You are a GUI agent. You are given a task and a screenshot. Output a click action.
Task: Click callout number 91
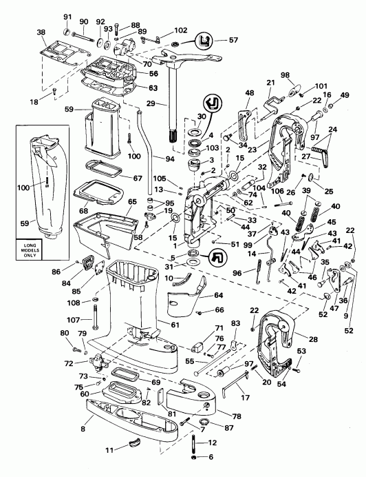(67, 17)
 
